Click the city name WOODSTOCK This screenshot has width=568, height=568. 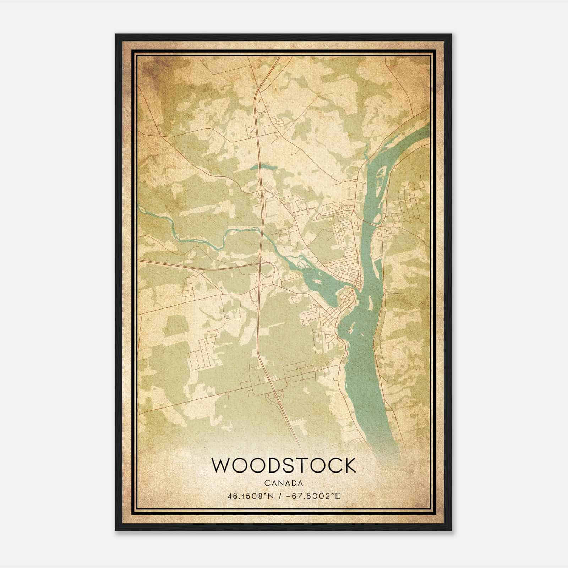(x=283, y=465)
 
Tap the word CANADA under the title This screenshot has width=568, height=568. (x=283, y=483)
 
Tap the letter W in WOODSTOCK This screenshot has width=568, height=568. (x=221, y=465)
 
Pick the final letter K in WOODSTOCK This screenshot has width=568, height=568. (x=348, y=465)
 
